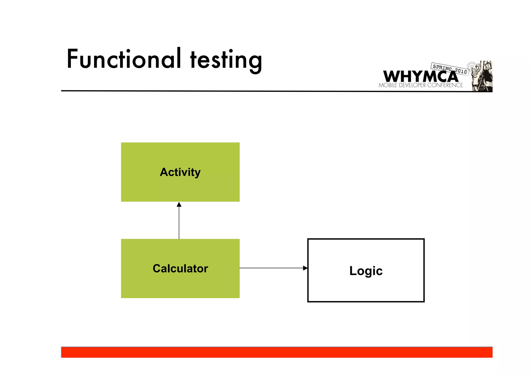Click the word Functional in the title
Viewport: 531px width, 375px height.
pyautogui.click(x=124, y=59)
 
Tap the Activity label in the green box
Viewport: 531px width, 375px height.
pyautogui.click(x=180, y=172)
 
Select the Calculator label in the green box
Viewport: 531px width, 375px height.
pyautogui.click(x=180, y=268)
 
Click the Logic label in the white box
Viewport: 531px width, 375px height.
pyautogui.click(x=366, y=271)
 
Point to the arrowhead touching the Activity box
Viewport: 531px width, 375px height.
pyautogui.click(x=179, y=205)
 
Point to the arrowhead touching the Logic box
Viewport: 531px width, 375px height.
pyautogui.click(x=305, y=268)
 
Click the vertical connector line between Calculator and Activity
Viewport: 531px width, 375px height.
pyautogui.click(x=179, y=223)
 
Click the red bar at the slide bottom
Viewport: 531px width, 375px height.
pyautogui.click(x=277, y=352)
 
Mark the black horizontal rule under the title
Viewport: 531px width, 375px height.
pyautogui.click(x=207, y=91)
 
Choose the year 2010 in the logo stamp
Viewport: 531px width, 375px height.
pyautogui.click(x=461, y=71)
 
